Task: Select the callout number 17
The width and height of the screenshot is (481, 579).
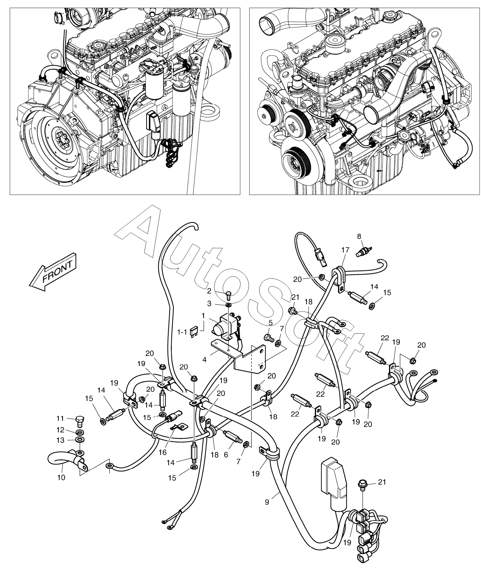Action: click(345, 250)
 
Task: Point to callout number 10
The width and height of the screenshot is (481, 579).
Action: click(61, 477)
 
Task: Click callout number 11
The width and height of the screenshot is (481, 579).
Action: click(61, 418)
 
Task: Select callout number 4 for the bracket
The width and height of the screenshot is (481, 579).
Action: click(204, 359)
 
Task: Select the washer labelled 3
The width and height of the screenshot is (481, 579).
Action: click(228, 306)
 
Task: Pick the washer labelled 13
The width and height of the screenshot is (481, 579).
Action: click(80, 439)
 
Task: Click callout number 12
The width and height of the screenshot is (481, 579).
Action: click(61, 430)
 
